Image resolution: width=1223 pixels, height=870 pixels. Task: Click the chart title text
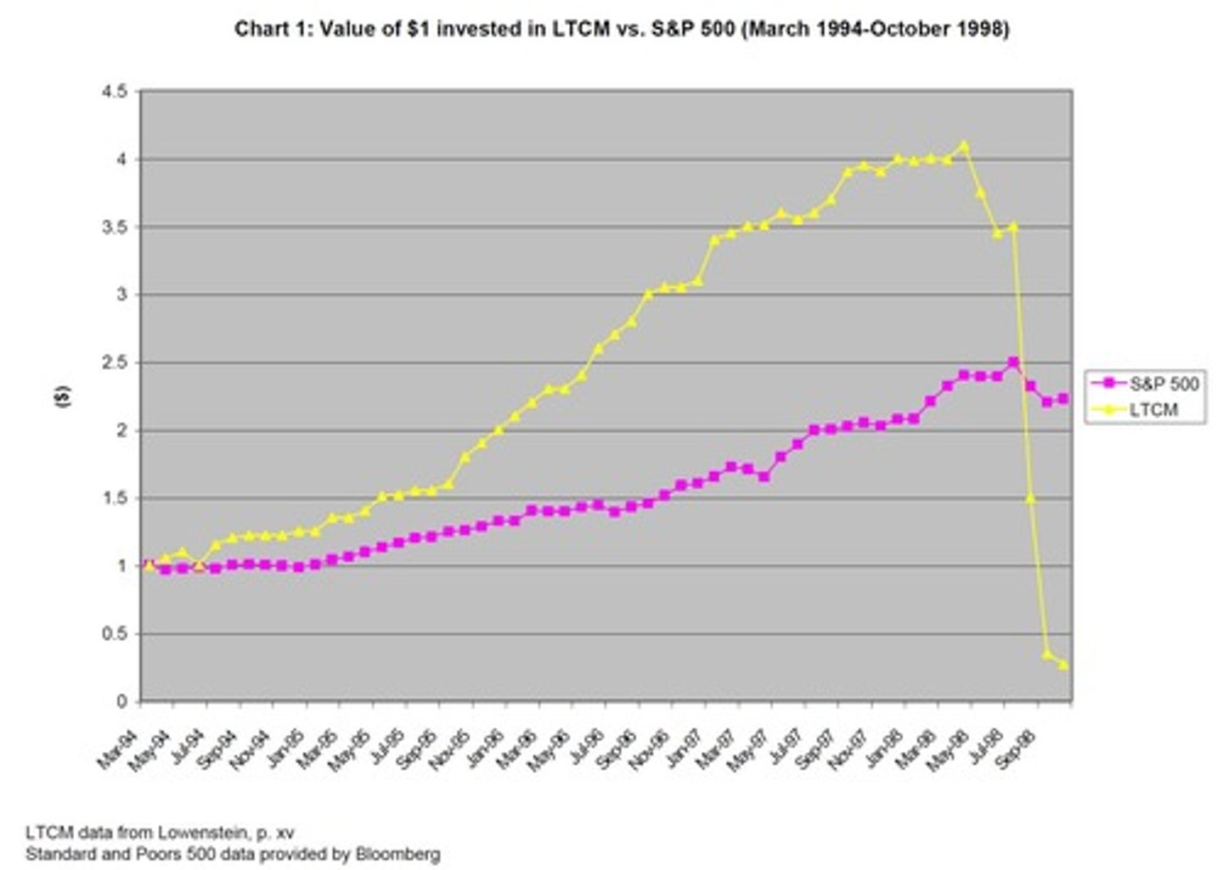[x=621, y=29]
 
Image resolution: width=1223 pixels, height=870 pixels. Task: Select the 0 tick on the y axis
[x=122, y=702]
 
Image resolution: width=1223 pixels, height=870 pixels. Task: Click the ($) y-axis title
[x=64, y=396]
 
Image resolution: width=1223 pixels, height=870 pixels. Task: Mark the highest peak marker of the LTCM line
[x=963, y=145]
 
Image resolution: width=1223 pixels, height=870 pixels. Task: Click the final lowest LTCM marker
[x=1063, y=665]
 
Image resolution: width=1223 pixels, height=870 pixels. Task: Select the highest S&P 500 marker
[x=1012, y=362]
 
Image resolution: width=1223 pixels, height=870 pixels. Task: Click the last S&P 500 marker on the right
[x=1063, y=399]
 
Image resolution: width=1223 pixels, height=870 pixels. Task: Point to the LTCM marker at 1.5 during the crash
[x=1030, y=497]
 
